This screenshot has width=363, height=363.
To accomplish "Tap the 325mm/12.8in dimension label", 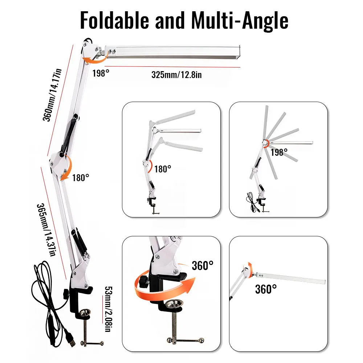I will coord(176,75).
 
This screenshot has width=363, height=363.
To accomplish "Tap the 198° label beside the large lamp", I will coord(101,73).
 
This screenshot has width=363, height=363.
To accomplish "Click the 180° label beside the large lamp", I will coord(80,178).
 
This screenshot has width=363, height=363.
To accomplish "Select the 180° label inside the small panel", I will coord(162,169).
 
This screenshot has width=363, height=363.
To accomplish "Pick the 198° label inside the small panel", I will coord(279,152).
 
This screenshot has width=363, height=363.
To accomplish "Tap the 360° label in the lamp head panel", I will coord(266,289).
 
